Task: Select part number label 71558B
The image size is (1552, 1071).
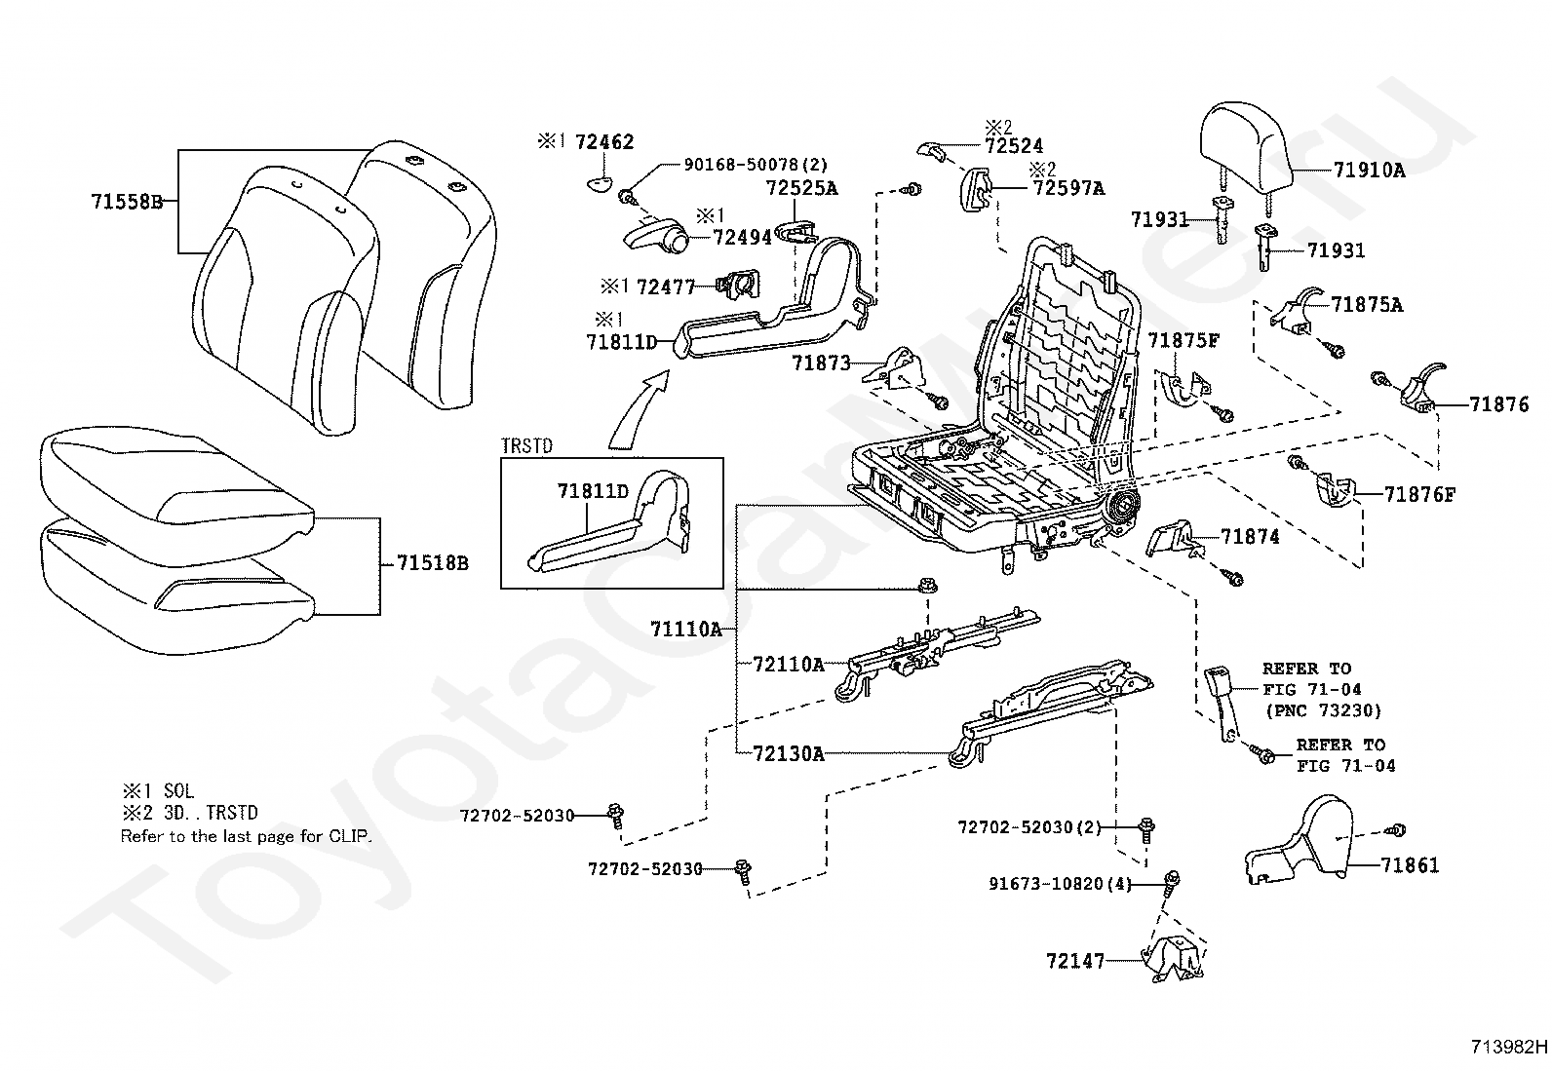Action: click(128, 202)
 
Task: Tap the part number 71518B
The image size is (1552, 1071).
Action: click(433, 563)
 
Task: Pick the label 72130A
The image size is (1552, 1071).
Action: click(789, 753)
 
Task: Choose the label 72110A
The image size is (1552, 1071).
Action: click(789, 665)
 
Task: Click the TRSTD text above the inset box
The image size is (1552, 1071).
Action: click(527, 446)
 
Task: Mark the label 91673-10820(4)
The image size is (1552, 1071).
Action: click(1060, 884)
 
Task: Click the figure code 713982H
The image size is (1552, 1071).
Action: click(1510, 1047)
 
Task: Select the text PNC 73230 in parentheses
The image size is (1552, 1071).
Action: click(1323, 710)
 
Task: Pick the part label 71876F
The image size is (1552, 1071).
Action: click(1420, 495)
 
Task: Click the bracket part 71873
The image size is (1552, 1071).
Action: click(894, 367)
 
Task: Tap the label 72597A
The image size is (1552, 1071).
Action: click(1069, 188)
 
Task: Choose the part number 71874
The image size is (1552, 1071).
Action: click(1250, 537)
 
